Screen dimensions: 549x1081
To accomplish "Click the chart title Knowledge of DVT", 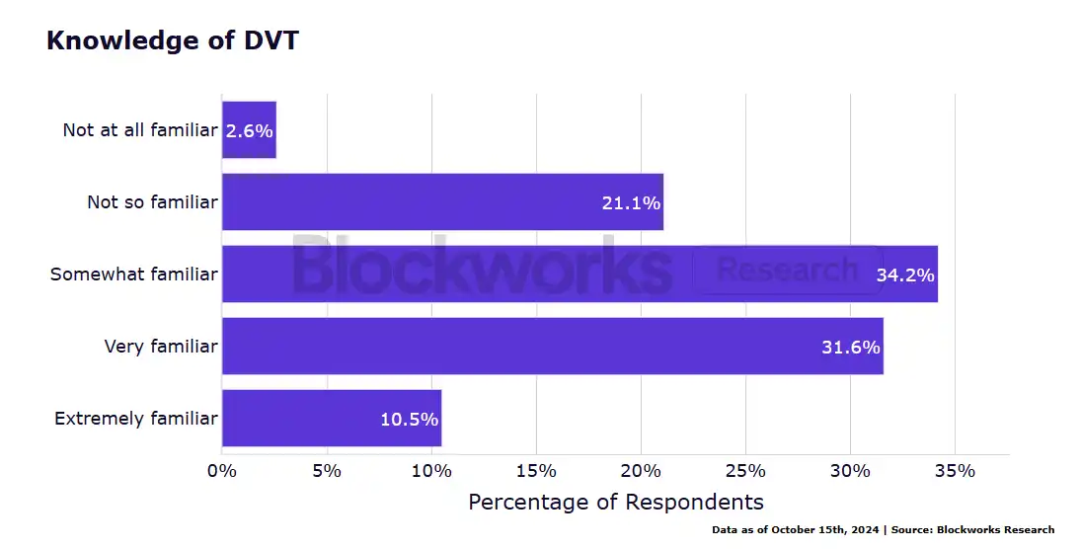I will click(x=172, y=41).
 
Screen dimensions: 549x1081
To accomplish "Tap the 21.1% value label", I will click(x=631, y=203).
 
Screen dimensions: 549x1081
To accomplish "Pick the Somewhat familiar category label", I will click(x=134, y=274).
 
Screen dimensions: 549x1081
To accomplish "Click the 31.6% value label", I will click(x=850, y=348).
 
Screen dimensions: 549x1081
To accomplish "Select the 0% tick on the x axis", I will click(x=222, y=471).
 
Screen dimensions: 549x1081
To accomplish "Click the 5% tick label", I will click(x=327, y=471).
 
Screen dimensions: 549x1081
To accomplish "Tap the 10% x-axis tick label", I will click(x=431, y=471).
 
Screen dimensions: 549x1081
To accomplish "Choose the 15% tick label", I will click(x=536, y=471).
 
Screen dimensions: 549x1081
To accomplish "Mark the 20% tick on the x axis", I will click(x=641, y=471).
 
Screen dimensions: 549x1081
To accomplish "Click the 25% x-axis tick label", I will click(x=745, y=471).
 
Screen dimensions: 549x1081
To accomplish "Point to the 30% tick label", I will click(x=850, y=471).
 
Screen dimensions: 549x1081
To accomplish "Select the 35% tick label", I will click(x=955, y=471).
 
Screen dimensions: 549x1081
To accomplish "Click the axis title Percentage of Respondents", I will click(x=616, y=502).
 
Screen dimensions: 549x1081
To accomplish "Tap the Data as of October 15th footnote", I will click(x=883, y=530).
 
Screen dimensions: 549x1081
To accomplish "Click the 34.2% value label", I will click(x=905, y=275).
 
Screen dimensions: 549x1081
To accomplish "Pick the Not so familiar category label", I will click(x=152, y=202).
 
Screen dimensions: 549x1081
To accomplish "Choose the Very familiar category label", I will click(x=161, y=347).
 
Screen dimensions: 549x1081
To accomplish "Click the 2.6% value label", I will click(x=249, y=131).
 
